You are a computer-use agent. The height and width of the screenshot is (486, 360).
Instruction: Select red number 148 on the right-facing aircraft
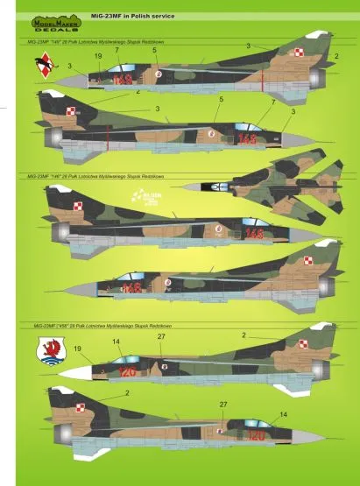[x=254, y=234]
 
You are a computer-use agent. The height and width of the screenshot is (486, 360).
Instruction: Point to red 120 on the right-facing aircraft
[x=255, y=434]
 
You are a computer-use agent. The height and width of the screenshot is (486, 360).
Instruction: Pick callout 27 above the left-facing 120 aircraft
[x=160, y=337]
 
